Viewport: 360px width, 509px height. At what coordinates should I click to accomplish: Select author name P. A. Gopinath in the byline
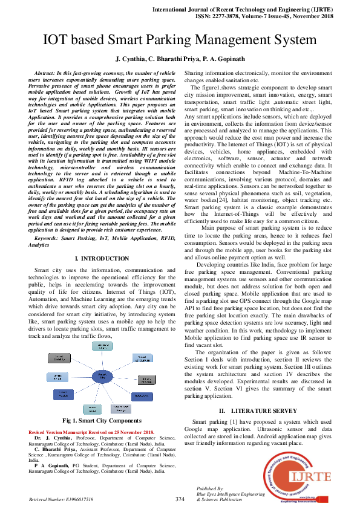[x=225, y=59]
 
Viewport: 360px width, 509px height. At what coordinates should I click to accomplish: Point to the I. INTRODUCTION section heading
[x=102, y=259]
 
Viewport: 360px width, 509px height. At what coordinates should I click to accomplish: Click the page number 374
[x=180, y=499]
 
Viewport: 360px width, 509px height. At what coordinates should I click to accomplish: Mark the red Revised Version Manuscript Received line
[x=91, y=432]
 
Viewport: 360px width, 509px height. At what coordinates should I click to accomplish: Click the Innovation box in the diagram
[x=141, y=397]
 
